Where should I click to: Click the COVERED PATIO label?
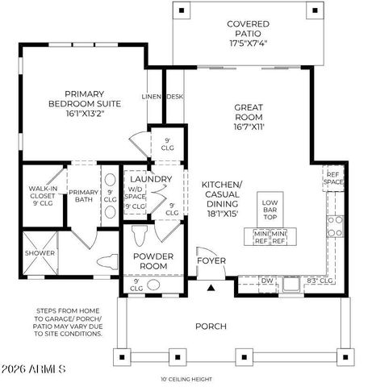tap(249, 30)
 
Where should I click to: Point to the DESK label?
tap(173, 97)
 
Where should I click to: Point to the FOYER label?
tap(213, 261)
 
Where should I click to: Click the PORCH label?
tap(211, 327)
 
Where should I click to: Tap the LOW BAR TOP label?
tap(270, 210)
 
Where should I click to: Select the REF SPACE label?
tap(332, 179)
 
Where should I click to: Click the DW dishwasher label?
tap(268, 281)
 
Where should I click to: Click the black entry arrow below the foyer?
tap(211, 286)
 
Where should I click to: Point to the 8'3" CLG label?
tap(321, 281)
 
